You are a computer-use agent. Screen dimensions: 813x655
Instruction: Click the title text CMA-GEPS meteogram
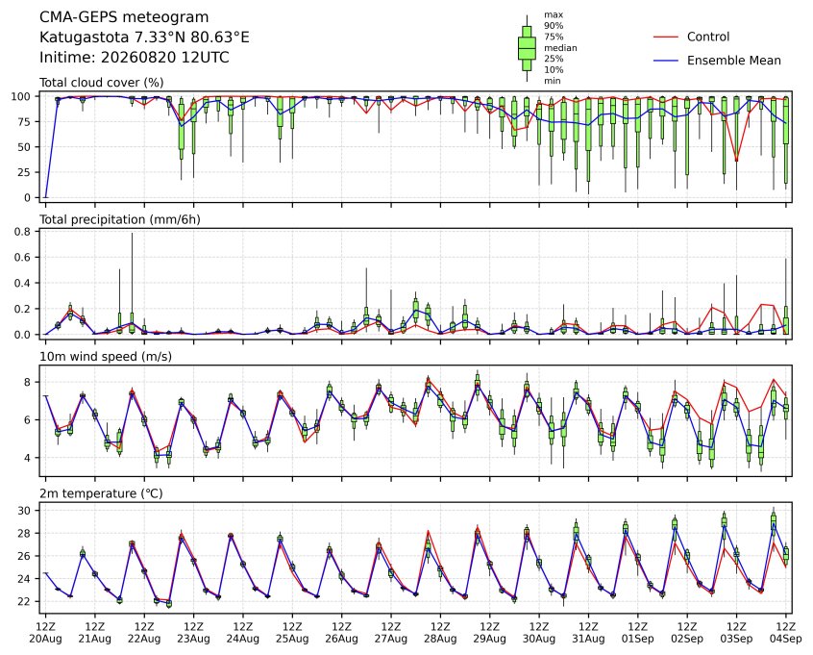pyautogui.click(x=124, y=17)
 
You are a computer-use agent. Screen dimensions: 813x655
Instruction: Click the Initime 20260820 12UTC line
pyautogui.click(x=135, y=57)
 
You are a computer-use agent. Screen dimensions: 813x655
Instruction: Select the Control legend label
pyautogui.click(x=707, y=37)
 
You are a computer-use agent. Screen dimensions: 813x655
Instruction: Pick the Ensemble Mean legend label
pyautogui.click(x=733, y=61)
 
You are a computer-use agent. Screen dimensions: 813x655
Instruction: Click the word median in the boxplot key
pyautogui.click(x=560, y=48)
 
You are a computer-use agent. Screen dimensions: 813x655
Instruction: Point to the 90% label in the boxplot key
pyautogui.click(x=554, y=25)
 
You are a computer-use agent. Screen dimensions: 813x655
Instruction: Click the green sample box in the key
pyautogui.click(x=527, y=48)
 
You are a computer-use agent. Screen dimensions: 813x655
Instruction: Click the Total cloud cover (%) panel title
pyautogui.click(x=102, y=83)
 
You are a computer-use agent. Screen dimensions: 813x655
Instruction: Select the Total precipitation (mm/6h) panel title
pyautogui.click(x=120, y=220)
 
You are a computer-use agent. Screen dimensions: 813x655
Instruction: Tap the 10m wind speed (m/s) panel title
pyautogui.click(x=106, y=357)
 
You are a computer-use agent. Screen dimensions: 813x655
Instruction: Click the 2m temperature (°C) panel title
pyautogui.click(x=101, y=493)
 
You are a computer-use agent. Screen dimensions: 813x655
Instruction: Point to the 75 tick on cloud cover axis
pyautogui.click(x=24, y=121)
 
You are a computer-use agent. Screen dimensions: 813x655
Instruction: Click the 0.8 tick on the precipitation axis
pyautogui.click(x=24, y=231)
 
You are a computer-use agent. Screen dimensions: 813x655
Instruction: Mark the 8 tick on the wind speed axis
pyautogui.click(x=28, y=382)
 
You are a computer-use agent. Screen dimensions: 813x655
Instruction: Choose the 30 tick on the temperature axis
pyautogui.click(x=24, y=511)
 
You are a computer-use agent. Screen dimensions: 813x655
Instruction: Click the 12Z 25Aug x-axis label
pyautogui.click(x=292, y=633)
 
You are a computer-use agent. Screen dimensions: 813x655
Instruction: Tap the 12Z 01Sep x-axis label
pyautogui.click(x=638, y=633)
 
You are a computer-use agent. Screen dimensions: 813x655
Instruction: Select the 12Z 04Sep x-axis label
pyautogui.click(x=786, y=633)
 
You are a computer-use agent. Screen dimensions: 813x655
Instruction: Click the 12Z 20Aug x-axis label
pyautogui.click(x=45, y=633)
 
